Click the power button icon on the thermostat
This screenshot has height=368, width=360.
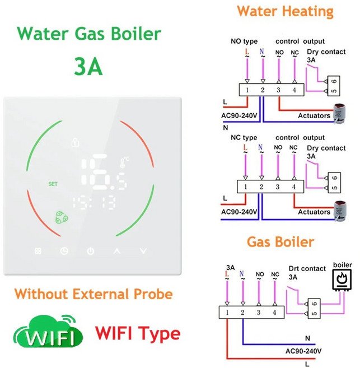point(91,251)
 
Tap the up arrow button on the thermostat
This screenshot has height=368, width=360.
point(117,251)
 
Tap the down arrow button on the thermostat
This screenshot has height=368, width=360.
point(143,251)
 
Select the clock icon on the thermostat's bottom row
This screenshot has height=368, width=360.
point(64,251)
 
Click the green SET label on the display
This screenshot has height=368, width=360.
point(53,184)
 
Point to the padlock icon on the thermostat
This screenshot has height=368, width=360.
point(75,142)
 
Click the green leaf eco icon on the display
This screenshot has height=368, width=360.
point(62,217)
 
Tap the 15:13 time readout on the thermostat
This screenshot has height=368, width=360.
point(94,202)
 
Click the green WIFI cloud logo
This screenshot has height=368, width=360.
point(48,331)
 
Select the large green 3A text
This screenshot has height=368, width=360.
point(88,66)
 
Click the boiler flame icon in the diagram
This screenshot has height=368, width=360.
point(342,280)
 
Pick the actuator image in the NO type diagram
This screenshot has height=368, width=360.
point(339,113)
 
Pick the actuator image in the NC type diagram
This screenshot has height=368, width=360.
point(339,211)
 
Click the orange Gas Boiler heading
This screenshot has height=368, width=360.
point(280,242)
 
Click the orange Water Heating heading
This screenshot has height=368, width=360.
point(285,11)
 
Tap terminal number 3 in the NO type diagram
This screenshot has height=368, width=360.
point(278,90)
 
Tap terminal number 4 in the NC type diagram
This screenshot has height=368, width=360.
point(293,187)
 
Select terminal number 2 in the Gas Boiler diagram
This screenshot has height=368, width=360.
point(242,313)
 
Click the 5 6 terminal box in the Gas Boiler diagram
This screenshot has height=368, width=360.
point(314,309)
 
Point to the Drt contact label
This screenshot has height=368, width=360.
point(307,268)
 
